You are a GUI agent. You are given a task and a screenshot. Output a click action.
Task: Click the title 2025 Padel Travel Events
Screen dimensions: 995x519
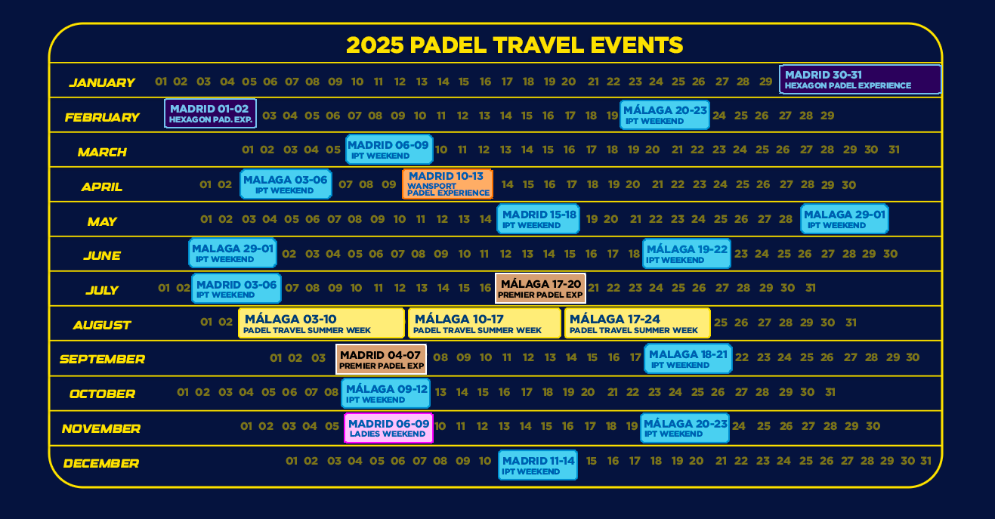pos(514,45)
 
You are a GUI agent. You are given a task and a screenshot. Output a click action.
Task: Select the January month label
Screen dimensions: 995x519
pos(102,82)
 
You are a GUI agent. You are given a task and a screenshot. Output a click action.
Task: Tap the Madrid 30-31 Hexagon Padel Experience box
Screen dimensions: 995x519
pos(860,79)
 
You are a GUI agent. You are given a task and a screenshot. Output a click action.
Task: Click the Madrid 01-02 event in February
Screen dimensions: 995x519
pos(210,113)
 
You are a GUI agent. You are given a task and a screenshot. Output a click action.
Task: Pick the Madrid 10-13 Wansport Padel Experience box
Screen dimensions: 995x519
pos(447,184)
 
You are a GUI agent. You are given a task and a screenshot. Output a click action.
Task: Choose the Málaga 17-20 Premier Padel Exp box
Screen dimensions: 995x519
pos(540,289)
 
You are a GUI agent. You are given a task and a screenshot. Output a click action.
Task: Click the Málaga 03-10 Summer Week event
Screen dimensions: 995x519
pos(321,323)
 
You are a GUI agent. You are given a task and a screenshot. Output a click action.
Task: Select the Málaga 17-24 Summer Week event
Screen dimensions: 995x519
pos(637,323)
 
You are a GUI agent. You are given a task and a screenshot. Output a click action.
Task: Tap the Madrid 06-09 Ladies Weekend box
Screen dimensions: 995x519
pos(388,428)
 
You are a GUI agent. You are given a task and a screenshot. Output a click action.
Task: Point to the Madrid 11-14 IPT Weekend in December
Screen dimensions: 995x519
pos(538,465)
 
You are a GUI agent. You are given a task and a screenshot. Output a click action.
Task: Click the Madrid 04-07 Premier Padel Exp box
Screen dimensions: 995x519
pos(381,359)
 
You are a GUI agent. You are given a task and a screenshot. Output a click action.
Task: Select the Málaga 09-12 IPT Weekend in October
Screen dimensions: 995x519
pos(385,394)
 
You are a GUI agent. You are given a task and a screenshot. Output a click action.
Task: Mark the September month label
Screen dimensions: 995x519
pos(102,359)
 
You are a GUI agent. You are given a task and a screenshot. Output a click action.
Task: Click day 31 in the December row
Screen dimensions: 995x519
pos(925,461)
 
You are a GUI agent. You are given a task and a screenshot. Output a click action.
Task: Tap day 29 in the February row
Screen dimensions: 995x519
pos(827,116)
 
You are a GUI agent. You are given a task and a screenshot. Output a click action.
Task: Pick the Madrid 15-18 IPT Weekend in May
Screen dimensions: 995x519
pos(539,218)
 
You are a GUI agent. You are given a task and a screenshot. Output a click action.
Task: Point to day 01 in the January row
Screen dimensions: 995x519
pos(161,82)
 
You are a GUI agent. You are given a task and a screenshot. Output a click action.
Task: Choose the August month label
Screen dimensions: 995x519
pos(102,326)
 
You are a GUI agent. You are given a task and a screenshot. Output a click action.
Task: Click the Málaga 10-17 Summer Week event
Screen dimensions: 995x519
pos(484,323)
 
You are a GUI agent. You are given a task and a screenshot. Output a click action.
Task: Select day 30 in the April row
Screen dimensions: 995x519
pos(849,185)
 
